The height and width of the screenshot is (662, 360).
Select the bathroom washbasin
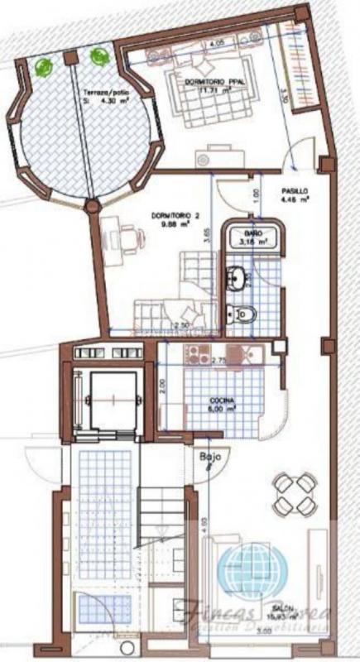[237, 277]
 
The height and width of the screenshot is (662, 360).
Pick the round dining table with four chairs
[295, 494]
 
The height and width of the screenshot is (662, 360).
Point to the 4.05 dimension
[218, 41]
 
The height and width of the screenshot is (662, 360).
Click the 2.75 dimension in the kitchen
[218, 362]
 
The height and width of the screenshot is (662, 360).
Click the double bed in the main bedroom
[207, 91]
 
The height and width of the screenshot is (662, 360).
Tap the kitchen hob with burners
[199, 355]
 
